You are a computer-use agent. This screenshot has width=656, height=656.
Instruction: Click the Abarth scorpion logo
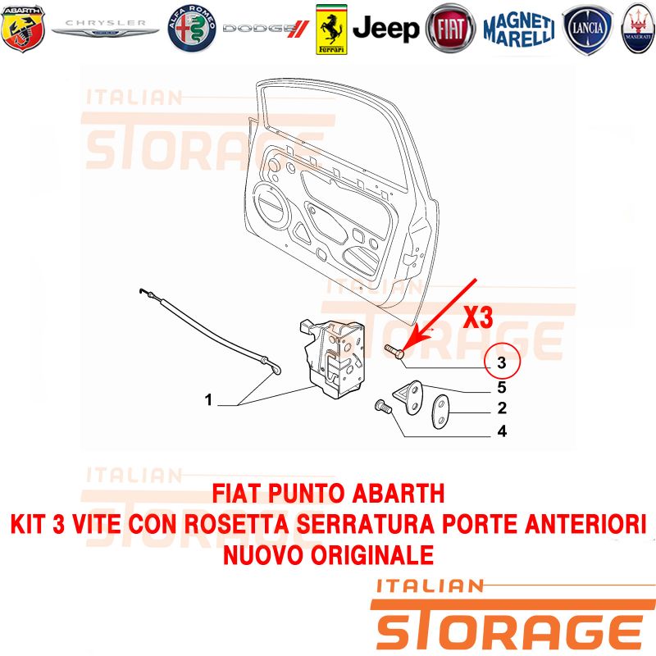point(23,29)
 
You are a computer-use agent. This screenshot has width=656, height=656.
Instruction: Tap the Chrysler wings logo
point(105,29)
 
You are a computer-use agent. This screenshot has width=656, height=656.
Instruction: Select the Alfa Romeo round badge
point(192,29)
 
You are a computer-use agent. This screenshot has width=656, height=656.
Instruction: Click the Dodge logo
point(266,29)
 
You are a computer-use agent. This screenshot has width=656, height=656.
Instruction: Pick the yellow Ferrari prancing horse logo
point(331,30)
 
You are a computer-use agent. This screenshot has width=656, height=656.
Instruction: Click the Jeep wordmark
point(385,29)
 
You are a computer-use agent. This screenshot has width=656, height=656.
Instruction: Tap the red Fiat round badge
point(450,29)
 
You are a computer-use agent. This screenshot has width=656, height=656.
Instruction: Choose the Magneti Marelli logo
point(519,29)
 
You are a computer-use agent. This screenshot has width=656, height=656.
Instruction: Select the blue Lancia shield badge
point(587,30)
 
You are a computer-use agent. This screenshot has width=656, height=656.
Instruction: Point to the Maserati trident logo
point(638,29)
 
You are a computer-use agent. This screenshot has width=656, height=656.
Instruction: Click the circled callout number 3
point(502,362)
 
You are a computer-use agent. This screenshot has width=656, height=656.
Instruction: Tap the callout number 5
point(502,387)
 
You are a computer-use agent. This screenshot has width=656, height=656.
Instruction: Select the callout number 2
point(502,408)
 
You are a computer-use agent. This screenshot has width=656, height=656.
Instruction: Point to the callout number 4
point(502,431)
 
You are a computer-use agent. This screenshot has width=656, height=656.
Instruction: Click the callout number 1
point(208,400)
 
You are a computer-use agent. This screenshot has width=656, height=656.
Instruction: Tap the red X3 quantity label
point(478,317)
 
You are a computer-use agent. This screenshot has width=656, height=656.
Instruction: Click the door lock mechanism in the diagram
point(334,358)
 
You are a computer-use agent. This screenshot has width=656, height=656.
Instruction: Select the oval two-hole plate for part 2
point(440,412)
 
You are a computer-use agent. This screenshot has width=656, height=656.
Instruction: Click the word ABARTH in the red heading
point(398,494)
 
